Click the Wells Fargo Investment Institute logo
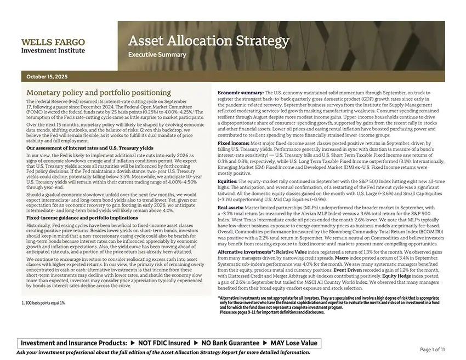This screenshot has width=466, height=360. pos(53,46)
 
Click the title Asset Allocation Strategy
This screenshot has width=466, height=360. pos(208,41)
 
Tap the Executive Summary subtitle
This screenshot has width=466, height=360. pos(157,55)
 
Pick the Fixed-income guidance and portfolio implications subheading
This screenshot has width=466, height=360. pos(82,218)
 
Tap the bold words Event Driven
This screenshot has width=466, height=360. pos(351,270)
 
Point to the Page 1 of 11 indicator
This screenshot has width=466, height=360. pos(433,350)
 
